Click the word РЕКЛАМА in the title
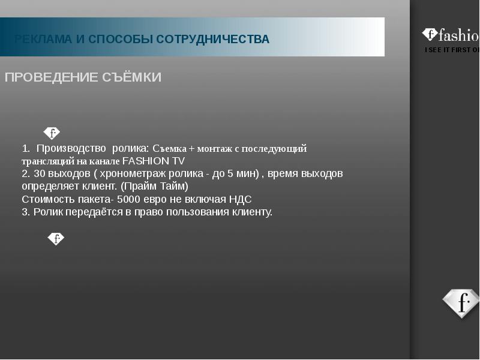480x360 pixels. coord(43,39)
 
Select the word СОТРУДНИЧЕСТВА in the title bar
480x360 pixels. coord(213,39)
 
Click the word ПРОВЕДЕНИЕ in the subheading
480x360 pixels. coord(52,77)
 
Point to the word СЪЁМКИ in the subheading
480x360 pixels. coord(131,77)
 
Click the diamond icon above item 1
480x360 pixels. coord(52,133)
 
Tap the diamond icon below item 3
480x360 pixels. coord(56,238)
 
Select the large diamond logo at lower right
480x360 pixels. coord(461,303)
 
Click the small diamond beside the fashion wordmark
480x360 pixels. coord(430,34)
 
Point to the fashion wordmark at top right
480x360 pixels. coord(459,35)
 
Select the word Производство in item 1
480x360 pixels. coord(71,148)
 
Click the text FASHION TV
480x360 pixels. coord(154,161)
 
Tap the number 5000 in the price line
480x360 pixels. coord(128,199)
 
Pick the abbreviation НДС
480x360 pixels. coord(241,199)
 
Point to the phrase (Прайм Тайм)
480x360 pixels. coord(154,186)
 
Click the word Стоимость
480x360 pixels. coord(49,199)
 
